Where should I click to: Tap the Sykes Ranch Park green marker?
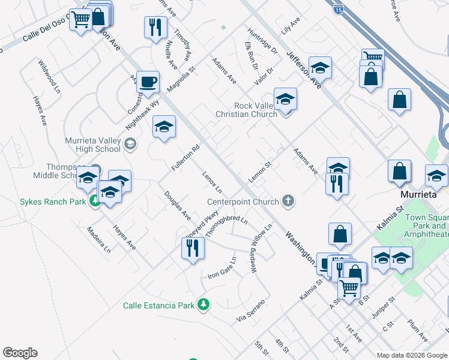95,201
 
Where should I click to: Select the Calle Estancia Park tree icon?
204,305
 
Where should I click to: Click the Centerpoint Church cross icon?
289,201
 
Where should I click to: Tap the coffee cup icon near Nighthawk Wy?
148,82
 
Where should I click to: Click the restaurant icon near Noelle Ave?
155,27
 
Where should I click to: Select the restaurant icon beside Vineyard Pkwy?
193,248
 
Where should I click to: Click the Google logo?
20,353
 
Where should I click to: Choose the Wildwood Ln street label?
50,75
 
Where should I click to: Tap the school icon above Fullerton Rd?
164,127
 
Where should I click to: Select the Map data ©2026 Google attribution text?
412,355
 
